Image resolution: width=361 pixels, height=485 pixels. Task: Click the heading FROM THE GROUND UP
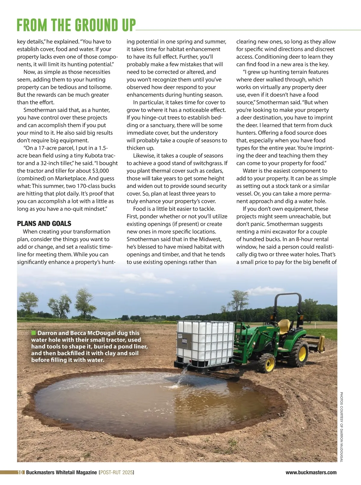pyautogui.click(x=76, y=25)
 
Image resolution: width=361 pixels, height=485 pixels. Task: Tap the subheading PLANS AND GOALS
pyautogui.click(x=44, y=224)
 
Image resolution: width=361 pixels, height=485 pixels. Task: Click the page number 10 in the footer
pyautogui.click(x=20, y=472)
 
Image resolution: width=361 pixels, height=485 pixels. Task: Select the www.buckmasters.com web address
pyautogui.click(x=311, y=472)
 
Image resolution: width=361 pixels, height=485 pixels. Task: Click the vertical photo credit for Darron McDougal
pyautogui.click(x=341, y=427)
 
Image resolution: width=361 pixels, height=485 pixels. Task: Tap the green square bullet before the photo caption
pyautogui.click(x=33, y=333)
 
